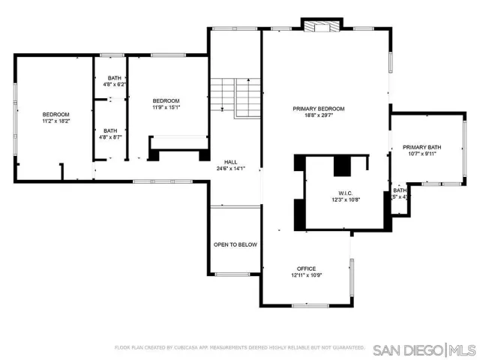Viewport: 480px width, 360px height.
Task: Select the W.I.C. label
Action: click(346, 193)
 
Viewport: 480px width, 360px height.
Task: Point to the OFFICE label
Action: click(306, 268)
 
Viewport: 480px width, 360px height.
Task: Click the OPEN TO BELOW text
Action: click(235, 244)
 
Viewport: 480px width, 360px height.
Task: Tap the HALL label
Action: click(232, 161)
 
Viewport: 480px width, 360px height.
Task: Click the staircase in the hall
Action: click(235, 97)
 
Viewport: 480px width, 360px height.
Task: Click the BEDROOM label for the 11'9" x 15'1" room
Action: click(166, 101)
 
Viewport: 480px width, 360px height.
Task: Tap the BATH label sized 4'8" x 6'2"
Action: click(114, 78)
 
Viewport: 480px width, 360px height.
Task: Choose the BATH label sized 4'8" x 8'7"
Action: click(110, 130)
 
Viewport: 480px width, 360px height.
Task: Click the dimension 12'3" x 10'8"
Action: click(346, 200)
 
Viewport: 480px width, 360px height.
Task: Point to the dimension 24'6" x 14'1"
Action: click(232, 169)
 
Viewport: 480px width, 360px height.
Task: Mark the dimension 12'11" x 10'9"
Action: click(306, 276)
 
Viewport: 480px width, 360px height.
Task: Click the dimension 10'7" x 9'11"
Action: click(421, 154)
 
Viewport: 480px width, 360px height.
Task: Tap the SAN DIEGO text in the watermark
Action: click(408, 349)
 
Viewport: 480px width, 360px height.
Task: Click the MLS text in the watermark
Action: click(462, 349)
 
